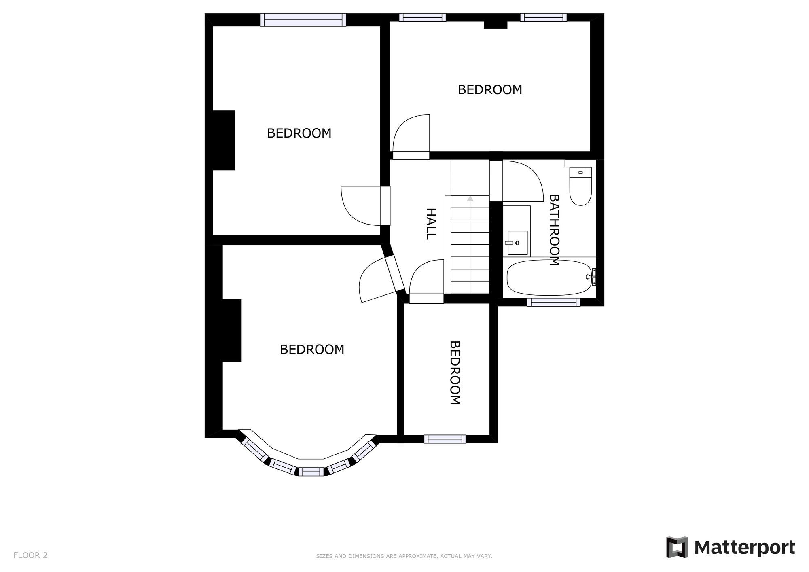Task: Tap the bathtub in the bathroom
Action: pyautogui.click(x=549, y=278)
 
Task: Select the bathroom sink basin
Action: pyautogui.click(x=517, y=243)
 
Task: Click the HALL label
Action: pyautogui.click(x=431, y=224)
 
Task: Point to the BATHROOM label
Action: pyautogui.click(x=554, y=230)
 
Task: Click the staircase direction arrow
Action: pyautogui.click(x=470, y=199)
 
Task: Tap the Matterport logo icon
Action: pyautogui.click(x=677, y=547)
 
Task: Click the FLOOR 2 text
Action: pyautogui.click(x=30, y=555)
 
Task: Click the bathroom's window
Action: pyautogui.click(x=553, y=302)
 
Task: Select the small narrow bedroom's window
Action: pyautogui.click(x=445, y=439)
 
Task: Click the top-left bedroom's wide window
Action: pyautogui.click(x=303, y=19)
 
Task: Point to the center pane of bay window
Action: pyautogui.click(x=311, y=471)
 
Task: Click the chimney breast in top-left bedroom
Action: pyautogui.click(x=223, y=140)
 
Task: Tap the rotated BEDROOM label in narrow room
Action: pyautogui.click(x=455, y=373)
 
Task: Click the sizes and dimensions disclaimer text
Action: pyautogui.click(x=404, y=556)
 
